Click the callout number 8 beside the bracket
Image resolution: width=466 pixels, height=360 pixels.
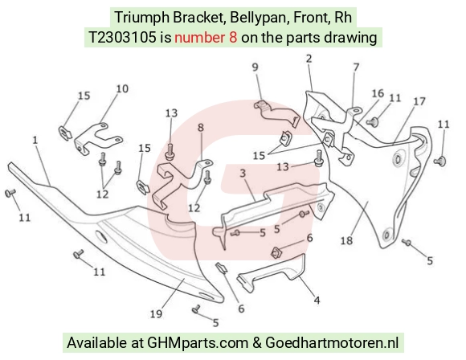coord(201,128)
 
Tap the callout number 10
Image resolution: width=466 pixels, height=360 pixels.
coord(122,88)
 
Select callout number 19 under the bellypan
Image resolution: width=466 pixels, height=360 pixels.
coord(156,314)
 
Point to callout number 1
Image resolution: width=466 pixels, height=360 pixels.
coord(35,140)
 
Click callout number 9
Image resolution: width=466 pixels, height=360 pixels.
coord(255,67)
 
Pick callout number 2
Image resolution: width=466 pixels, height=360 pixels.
coord(309,59)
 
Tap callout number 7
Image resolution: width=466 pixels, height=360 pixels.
coord(356,67)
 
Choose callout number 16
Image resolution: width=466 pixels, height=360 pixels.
coord(378,93)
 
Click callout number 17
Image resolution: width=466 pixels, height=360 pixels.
coord(419,101)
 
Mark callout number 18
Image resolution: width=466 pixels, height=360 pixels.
coord(346,240)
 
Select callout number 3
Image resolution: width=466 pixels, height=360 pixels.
coord(243,173)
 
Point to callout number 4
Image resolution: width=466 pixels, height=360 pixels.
coord(317,301)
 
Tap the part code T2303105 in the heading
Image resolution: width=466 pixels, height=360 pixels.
coord(122,38)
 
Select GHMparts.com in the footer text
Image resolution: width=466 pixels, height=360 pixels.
coord(198,343)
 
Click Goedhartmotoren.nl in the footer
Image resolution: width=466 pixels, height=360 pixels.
coord(332,342)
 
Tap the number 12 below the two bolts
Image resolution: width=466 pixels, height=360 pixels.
coord(103,194)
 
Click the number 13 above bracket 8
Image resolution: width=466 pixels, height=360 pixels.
coord(171,113)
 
